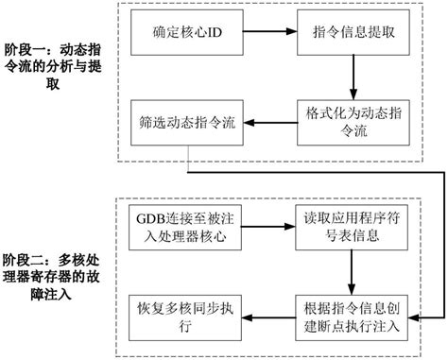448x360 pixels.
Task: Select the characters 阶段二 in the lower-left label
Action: [21, 258]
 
